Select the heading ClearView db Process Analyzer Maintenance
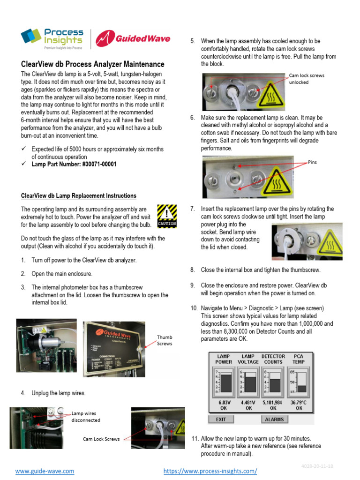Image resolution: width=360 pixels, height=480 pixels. (93, 64)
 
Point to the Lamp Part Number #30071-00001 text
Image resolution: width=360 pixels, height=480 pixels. (74, 165)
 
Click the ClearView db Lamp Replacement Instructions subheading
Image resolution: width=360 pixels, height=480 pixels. (79, 196)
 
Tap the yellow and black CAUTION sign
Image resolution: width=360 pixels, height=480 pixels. (167, 216)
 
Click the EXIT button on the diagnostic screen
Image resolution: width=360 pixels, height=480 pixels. (221, 419)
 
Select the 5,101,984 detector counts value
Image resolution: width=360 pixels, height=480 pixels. (273, 402)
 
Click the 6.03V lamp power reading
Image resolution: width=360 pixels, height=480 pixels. (224, 402)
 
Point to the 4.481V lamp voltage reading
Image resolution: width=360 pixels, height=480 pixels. (248, 402)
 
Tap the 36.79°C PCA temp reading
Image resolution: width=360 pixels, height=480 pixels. (299, 402)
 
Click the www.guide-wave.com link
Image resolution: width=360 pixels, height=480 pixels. (45, 471)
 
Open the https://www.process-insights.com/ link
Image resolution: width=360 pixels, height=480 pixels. (210, 471)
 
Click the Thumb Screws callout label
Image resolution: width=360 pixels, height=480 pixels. (165, 340)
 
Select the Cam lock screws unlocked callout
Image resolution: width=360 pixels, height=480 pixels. (306, 79)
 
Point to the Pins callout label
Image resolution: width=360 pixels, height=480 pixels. (312, 162)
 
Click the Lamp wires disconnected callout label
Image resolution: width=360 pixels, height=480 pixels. (86, 417)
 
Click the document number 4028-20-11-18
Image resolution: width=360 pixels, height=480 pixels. (317, 466)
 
